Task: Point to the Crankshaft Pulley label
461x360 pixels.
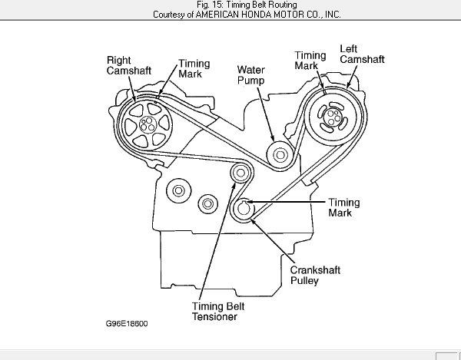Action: pos(315,275)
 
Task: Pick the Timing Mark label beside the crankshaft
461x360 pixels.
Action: pos(343,208)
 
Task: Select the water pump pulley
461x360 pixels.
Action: pos(279,155)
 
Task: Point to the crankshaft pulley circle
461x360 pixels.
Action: pos(244,209)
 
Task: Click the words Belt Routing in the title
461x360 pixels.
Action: pos(257,5)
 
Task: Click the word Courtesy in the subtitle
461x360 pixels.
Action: pos(171,15)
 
